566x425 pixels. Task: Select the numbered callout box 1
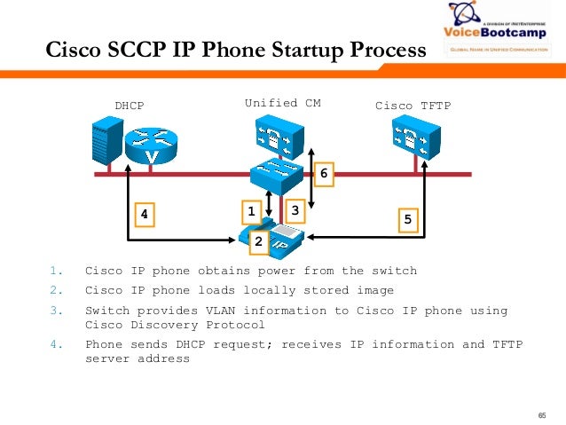coord(251,211)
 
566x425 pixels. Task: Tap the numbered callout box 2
coord(258,240)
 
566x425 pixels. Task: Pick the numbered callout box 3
coord(295,209)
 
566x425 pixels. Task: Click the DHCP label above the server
coord(129,106)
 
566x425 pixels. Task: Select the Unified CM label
coord(282,103)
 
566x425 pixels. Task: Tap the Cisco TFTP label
coord(413,106)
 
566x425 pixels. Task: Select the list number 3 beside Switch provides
coord(55,311)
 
